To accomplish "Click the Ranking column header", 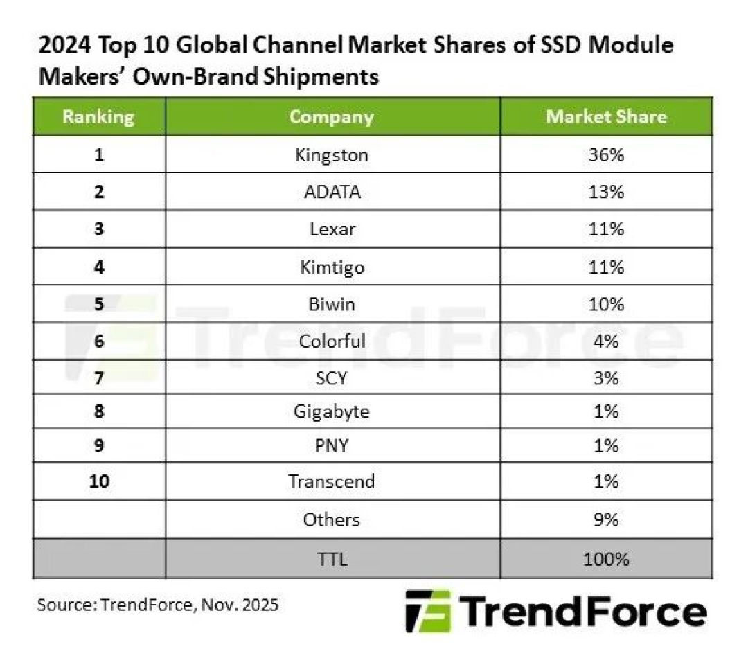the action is click(x=99, y=117).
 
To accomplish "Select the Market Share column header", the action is click(x=606, y=116).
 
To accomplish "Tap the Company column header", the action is click(x=332, y=117).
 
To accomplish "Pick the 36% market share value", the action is click(x=606, y=154).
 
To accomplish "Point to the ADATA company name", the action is click(x=332, y=192).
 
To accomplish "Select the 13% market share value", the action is click(x=606, y=192).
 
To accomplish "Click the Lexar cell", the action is click(x=332, y=229).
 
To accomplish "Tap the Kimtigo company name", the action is click(x=332, y=267).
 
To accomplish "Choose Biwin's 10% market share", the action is click(x=606, y=304).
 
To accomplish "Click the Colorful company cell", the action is click(x=332, y=341).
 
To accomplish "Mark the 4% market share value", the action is click(x=606, y=341).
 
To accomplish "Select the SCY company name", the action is click(x=332, y=378).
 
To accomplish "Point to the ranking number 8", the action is click(x=99, y=411).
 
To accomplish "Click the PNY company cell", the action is click(x=332, y=445).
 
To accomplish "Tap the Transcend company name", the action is click(x=332, y=481).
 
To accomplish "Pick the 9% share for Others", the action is click(x=606, y=519).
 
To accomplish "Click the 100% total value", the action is click(x=606, y=559).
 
